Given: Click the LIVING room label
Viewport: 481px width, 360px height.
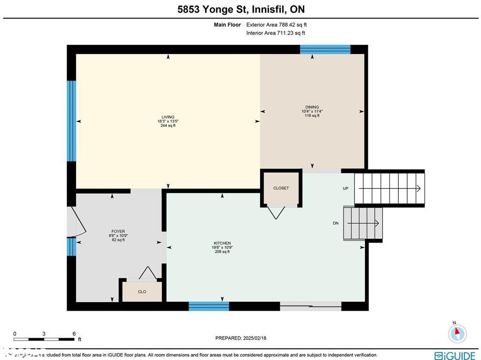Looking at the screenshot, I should click(x=168, y=117).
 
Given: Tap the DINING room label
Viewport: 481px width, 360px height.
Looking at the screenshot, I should click(x=312, y=107).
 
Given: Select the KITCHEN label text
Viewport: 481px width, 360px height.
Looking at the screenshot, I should click(x=222, y=243).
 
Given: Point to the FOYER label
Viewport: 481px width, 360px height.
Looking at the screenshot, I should click(x=118, y=232).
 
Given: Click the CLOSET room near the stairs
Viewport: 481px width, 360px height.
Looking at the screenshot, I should click(x=281, y=188).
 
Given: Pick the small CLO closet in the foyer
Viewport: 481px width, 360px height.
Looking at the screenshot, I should click(x=142, y=291).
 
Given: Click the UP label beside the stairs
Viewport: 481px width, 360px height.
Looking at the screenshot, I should click(x=346, y=188).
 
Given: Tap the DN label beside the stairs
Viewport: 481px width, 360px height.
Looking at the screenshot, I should click(x=335, y=223).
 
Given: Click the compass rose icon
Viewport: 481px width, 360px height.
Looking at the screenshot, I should click(x=457, y=333).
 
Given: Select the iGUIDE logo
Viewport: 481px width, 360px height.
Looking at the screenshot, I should click(x=454, y=355).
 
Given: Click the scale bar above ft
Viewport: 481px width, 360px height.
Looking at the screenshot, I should click(x=44, y=339).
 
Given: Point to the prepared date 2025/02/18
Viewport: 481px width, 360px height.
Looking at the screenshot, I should click(x=240, y=338).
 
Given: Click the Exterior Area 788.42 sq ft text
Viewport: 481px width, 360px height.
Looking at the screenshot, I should click(x=276, y=25).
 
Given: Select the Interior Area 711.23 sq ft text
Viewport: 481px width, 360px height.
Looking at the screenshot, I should click(x=275, y=33).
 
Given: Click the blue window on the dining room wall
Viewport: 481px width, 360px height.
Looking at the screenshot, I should click(x=325, y=49).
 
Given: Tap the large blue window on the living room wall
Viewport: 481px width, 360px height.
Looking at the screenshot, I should click(x=71, y=121).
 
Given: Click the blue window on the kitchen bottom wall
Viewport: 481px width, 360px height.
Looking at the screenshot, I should click(x=209, y=306).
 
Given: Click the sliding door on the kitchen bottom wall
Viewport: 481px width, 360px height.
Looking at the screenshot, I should click(x=310, y=306).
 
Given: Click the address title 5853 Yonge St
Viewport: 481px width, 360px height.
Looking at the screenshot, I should click(x=240, y=9).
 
